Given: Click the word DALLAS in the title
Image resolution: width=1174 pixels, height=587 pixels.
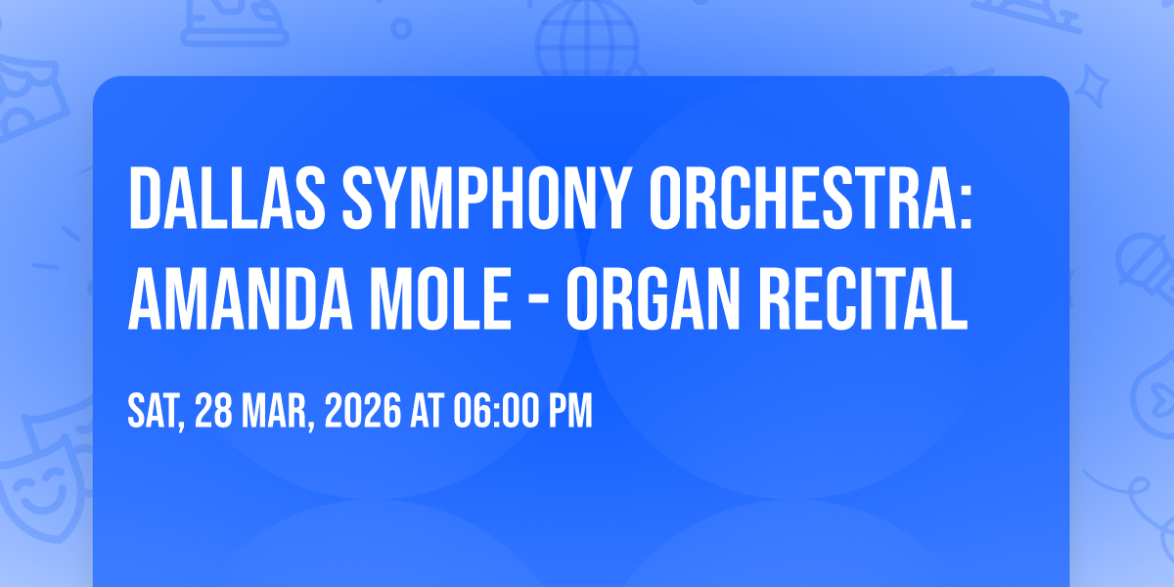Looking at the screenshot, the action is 227,198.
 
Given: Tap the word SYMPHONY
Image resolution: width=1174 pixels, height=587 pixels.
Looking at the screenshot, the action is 486,198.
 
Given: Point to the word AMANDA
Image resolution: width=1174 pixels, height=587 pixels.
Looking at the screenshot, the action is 240,298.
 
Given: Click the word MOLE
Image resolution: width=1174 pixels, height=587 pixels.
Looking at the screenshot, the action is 440,298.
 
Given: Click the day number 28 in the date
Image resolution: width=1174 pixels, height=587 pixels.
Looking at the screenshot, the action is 213,411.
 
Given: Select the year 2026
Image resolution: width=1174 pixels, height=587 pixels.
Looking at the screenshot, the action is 363,411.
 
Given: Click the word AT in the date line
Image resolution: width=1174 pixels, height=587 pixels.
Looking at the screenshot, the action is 428,411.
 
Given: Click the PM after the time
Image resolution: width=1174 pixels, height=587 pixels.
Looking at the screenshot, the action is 570,411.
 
